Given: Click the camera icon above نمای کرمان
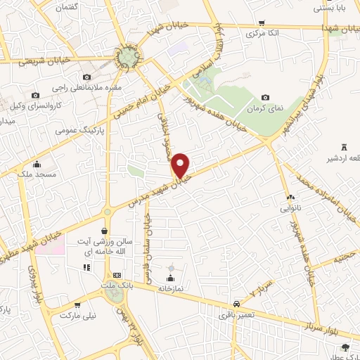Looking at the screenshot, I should coord(265,98).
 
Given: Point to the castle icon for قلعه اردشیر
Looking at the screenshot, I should coord(344,146).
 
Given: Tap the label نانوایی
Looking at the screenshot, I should coord(291,208).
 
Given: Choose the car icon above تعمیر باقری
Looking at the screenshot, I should coord(238,303).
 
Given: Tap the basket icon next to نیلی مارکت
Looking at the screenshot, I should coord(77,306).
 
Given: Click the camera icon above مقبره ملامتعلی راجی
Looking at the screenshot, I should coord(86,77).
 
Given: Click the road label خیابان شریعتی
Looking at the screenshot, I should coord(43,62).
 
